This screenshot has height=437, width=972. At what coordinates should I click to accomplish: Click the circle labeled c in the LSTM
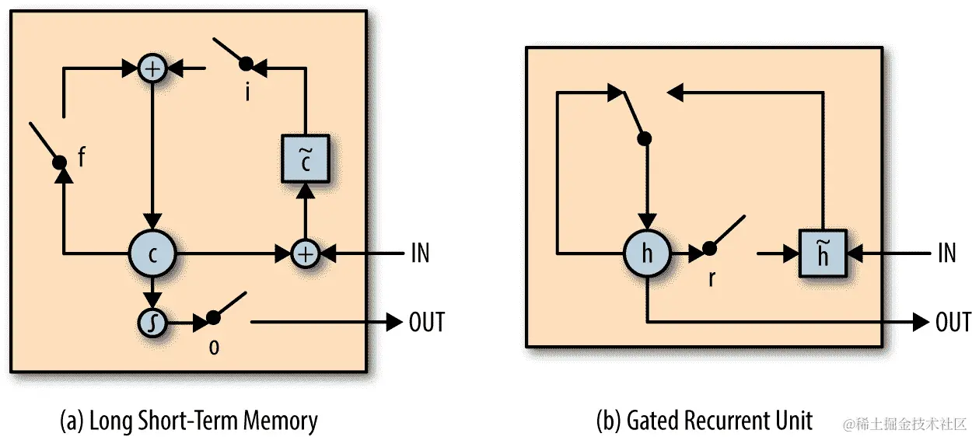[x=153, y=253]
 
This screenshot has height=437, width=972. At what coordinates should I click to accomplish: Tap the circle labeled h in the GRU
[x=647, y=253]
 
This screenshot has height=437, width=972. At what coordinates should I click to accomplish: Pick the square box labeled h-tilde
[x=823, y=253]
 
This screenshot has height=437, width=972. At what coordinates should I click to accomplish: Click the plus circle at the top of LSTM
[x=153, y=69]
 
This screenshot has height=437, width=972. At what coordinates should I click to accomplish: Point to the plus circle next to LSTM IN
[x=306, y=253]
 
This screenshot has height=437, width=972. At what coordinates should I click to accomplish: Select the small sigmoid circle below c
[x=153, y=322]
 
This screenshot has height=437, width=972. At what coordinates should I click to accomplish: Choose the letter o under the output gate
[x=214, y=346]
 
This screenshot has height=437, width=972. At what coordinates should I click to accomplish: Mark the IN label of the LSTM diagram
[x=419, y=253]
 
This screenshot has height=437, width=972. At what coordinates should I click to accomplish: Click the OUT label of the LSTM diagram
[x=426, y=322]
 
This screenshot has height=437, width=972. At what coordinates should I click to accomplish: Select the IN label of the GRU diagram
[x=946, y=253]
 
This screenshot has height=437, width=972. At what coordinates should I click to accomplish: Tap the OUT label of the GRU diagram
[x=953, y=322]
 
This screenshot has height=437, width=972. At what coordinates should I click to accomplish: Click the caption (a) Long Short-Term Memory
[x=189, y=421]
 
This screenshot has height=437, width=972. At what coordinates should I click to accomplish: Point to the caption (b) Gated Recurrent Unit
[x=704, y=421]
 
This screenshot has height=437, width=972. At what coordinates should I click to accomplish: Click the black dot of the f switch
[x=58, y=163]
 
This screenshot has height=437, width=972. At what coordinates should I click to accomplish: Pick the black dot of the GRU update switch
[x=644, y=139]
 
